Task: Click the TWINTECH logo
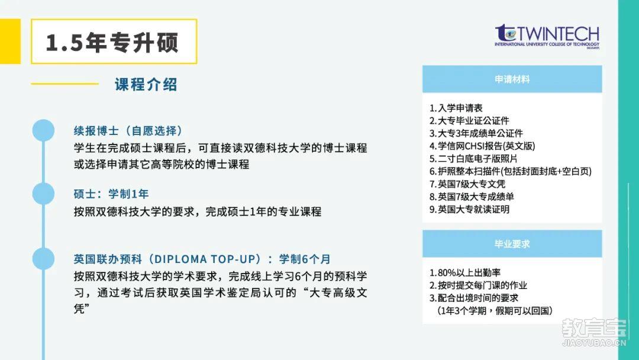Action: pyautogui.click(x=547, y=36)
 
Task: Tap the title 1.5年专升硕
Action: pyautogui.click(x=112, y=43)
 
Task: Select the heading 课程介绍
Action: pyautogui.click(x=146, y=85)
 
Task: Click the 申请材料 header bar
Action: pyautogui.click(x=512, y=79)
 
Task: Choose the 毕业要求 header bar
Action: pyautogui.click(x=512, y=244)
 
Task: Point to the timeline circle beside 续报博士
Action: pyautogui.click(x=43, y=130)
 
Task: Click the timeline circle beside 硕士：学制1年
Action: pyautogui.click(x=43, y=194)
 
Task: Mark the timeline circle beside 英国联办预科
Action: pyautogui.click(x=43, y=259)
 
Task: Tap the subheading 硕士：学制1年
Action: pyautogui.click(x=111, y=194)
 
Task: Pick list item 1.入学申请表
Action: pyautogui.click(x=456, y=108)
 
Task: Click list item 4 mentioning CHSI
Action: pyautogui.click(x=482, y=146)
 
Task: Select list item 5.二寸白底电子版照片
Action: pyautogui.click(x=473, y=159)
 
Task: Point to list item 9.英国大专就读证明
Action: pyautogui.click(x=469, y=210)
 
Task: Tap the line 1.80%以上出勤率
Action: pyautogui.click(x=465, y=272)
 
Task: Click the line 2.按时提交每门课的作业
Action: pyautogui.click(x=478, y=285)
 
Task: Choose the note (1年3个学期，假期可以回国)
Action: pyautogui.click(x=495, y=311)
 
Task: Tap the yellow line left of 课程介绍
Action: pyautogui.click(x=65, y=84)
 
